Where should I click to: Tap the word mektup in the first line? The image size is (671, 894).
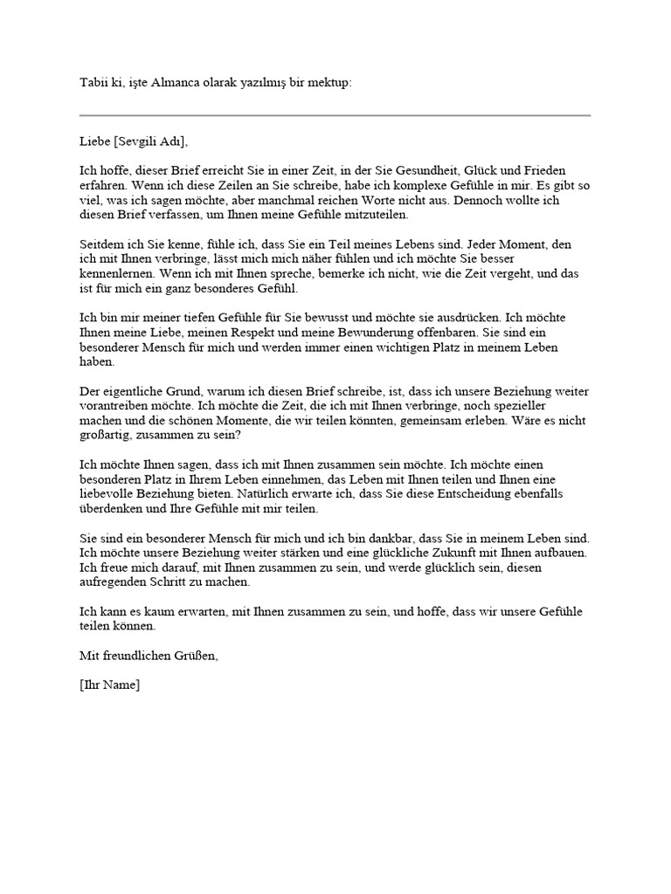pos(330,83)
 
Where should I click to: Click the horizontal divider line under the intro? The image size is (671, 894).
pos(335,115)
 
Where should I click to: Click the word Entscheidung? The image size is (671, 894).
pos(495,494)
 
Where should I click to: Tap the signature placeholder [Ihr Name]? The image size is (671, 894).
pos(109,685)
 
